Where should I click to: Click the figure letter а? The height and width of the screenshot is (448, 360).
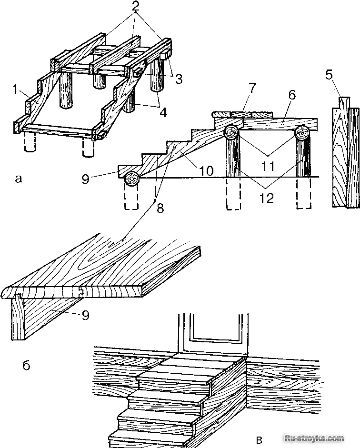[x=19, y=179]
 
